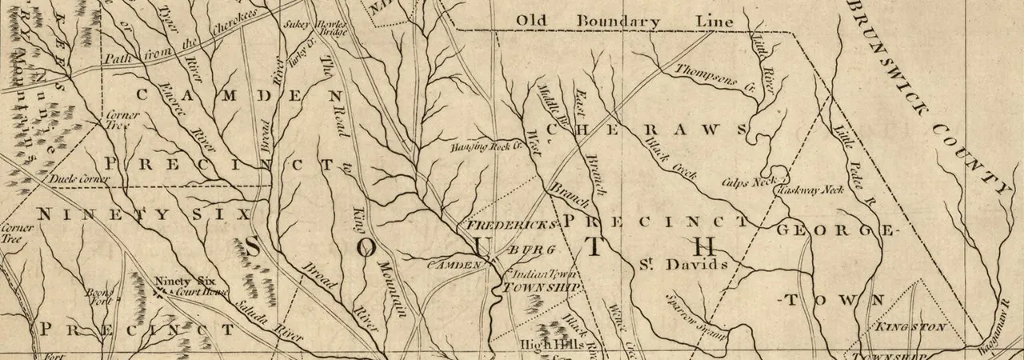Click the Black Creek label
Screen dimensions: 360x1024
tap(670, 158)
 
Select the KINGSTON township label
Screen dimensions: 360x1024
tap(911, 327)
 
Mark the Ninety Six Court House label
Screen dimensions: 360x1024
tap(185, 286)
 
